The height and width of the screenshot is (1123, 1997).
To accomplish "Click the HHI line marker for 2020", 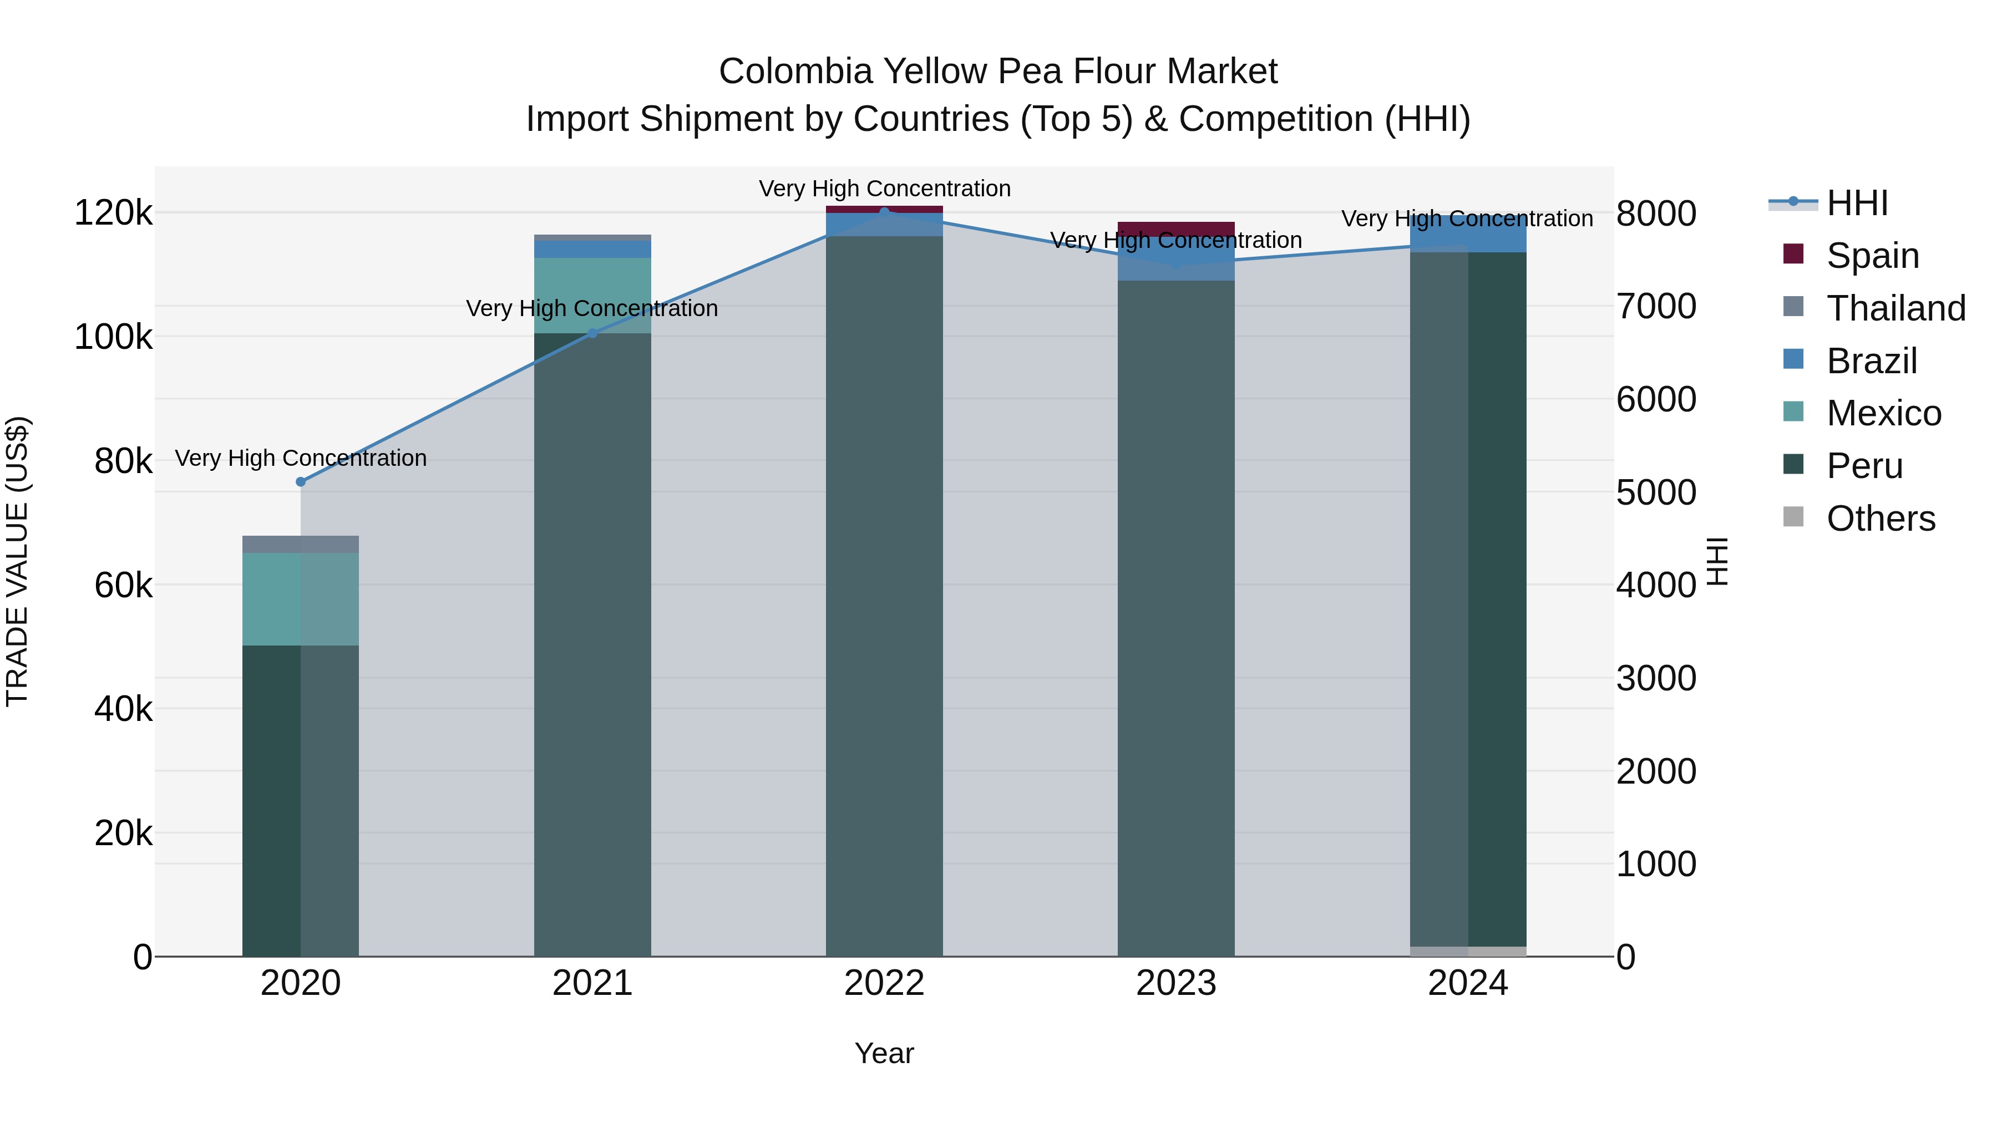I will click(x=301, y=481).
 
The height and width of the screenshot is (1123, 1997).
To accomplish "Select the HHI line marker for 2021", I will click(x=592, y=333).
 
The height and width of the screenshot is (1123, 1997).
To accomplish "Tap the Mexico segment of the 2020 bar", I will click(x=301, y=598).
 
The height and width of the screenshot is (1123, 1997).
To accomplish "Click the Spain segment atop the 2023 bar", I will click(x=1175, y=228).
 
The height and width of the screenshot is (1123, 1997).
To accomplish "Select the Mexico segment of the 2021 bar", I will click(x=592, y=295).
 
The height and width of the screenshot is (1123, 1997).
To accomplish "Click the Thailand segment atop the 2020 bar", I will click(x=301, y=544).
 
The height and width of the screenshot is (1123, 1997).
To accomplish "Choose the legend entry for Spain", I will click(x=1872, y=256).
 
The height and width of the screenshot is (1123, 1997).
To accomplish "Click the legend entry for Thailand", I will click(x=1895, y=308).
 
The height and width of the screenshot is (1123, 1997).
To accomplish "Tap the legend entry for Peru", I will click(x=1864, y=466).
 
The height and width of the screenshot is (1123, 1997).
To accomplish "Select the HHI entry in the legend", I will click(x=1857, y=203).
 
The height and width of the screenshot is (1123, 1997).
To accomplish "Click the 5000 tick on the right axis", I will click(x=1656, y=493).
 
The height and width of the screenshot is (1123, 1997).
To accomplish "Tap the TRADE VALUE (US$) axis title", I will click(x=17, y=561).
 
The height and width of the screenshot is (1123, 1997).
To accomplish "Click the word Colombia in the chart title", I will click(x=794, y=72).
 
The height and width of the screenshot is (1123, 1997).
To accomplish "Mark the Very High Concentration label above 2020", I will click(x=301, y=458).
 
